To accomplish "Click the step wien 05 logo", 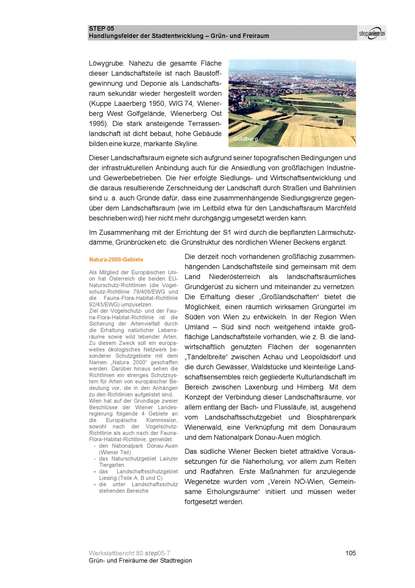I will pyautogui.click(x=372, y=33).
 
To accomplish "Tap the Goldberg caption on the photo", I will pyautogui.click(x=245, y=139).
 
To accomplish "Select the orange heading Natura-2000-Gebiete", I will pyautogui.click(x=116, y=260).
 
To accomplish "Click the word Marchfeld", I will pyautogui.click(x=340, y=208).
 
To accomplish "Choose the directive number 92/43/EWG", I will pyautogui.click(x=104, y=305).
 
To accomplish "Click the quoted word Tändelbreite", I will pyautogui.click(x=206, y=357).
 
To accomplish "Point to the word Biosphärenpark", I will pyautogui.click(x=331, y=417).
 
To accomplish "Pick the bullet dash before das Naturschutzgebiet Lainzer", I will pyautogui.click(x=95, y=459).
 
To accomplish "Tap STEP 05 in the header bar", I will pyautogui.click(x=101, y=29).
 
